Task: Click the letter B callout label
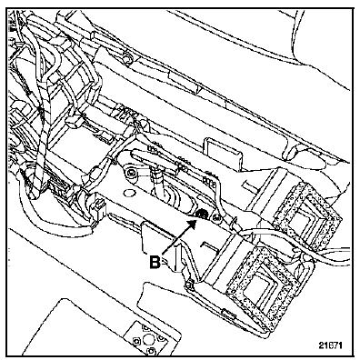point(155,262)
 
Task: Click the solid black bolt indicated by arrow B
point(202,215)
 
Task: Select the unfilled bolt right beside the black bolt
point(216,217)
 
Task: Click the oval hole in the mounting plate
point(129,193)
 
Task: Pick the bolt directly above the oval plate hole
point(130,173)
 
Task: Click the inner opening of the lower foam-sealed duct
point(258,276)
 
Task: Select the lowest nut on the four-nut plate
point(151,351)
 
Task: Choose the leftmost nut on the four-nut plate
point(136,341)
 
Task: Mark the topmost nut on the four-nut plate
point(145,328)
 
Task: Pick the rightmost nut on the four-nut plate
point(161,337)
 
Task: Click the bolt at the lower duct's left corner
point(189,285)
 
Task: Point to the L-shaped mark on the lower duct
point(209,245)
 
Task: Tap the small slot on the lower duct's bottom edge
point(230,314)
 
